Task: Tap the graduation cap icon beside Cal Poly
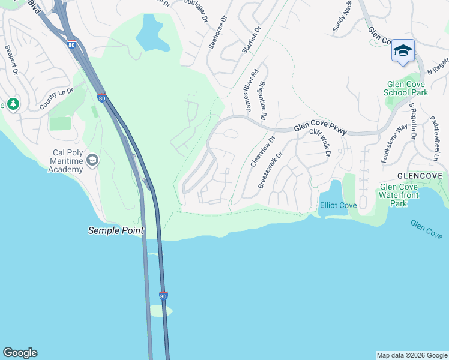(x=92, y=160)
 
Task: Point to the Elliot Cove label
(x=338, y=205)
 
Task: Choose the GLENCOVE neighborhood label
(x=420, y=176)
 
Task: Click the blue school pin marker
(x=403, y=52)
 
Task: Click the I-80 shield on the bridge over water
(x=163, y=296)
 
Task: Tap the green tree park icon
(x=13, y=104)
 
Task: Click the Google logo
(x=20, y=353)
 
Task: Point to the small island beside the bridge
(x=160, y=311)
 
